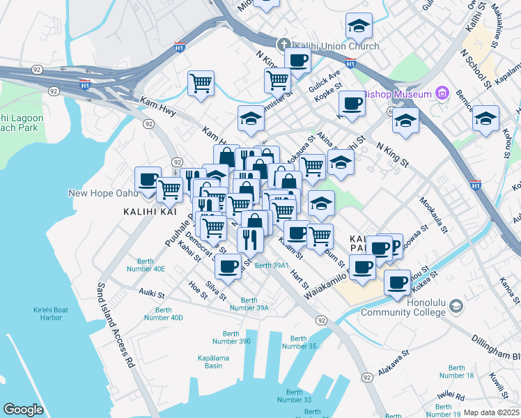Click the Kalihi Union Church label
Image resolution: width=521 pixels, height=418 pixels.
click(x=336, y=46)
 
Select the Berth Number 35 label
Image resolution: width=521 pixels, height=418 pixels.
click(x=298, y=342)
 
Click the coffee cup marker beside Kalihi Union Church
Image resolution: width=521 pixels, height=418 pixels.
click(x=297, y=60)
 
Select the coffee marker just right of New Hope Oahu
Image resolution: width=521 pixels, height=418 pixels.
click(x=148, y=179)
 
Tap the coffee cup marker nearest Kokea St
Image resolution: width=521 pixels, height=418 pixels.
click(x=397, y=281)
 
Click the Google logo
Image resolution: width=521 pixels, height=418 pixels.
click(x=24, y=410)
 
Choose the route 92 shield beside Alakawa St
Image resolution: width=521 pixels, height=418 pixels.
click(x=366, y=376)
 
